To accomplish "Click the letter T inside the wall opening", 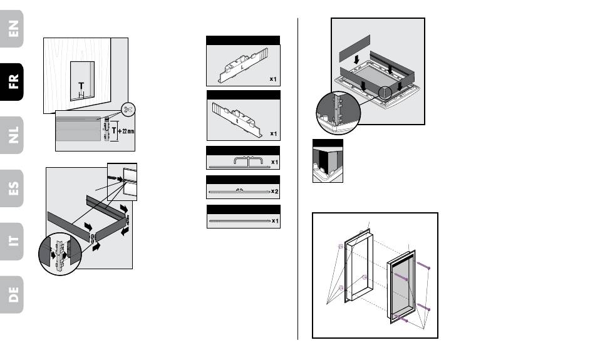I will pos(81,86).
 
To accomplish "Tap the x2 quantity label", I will pos(274,191).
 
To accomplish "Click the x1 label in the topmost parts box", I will pos(274,80).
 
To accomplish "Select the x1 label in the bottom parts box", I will pos(274,221).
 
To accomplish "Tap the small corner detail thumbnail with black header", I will pos(328,162).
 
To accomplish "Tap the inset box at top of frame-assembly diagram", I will pos(122,182).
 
